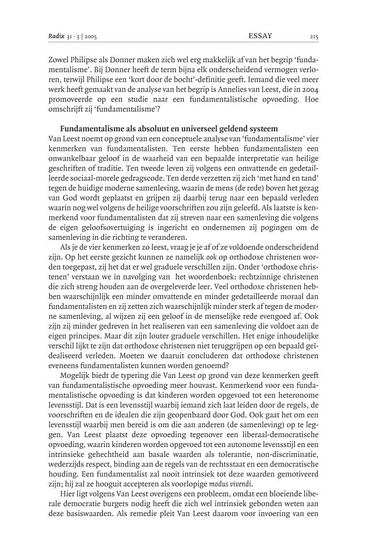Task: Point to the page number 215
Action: (x=314, y=37)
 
